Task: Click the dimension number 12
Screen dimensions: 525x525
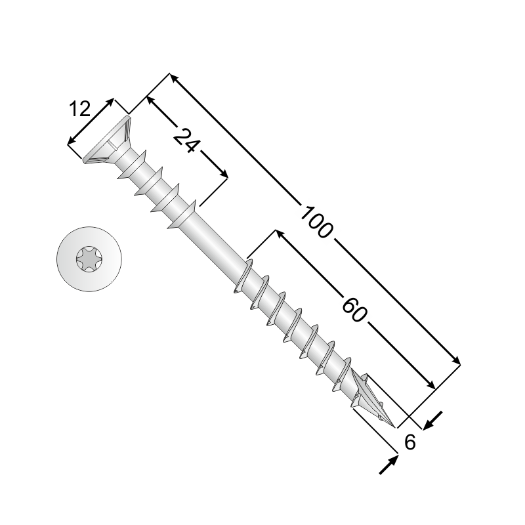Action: click(x=80, y=109)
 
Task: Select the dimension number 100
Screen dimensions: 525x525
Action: click(x=317, y=222)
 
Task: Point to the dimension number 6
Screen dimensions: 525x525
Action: click(x=409, y=442)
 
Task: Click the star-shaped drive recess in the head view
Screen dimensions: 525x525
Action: click(x=89, y=259)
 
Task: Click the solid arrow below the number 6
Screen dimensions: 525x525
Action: click(x=388, y=464)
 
